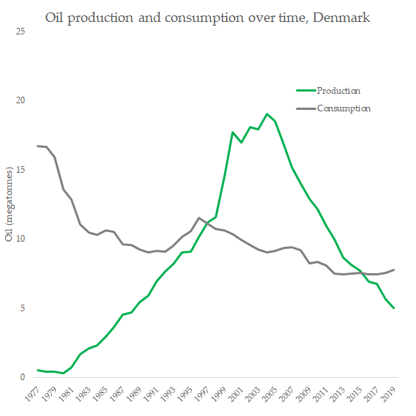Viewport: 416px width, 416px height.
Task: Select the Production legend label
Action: [x=338, y=91]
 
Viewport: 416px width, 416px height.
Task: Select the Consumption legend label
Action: [x=343, y=108]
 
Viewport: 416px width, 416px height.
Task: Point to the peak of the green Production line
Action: [x=267, y=114]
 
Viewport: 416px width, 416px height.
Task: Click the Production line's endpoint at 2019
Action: [x=394, y=308]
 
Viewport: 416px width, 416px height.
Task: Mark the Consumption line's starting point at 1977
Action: [x=38, y=146]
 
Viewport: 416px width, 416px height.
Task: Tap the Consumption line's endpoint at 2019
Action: [x=394, y=270]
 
